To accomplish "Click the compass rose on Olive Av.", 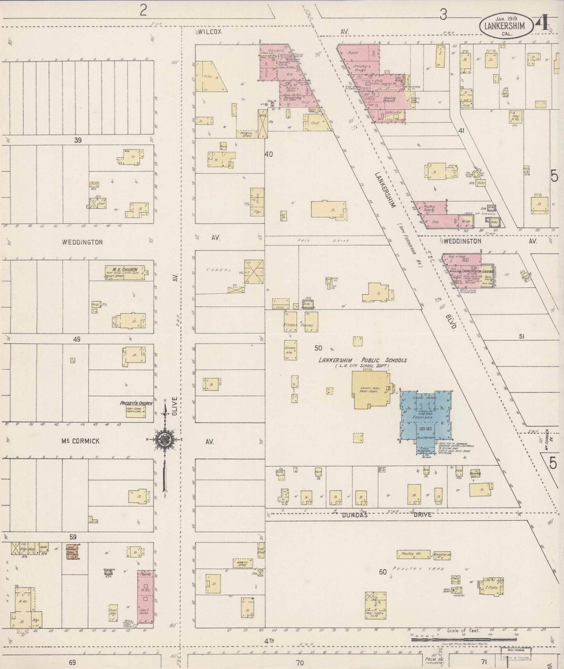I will coord(165,439).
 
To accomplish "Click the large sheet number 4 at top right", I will coord(543,24).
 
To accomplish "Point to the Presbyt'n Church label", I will coord(136,403).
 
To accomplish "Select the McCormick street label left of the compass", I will coord(80,441).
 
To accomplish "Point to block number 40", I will coord(269,154).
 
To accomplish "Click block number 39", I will coord(78,140).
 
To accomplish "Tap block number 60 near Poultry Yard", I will coord(383,572).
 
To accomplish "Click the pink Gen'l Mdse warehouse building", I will coord(145,599).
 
